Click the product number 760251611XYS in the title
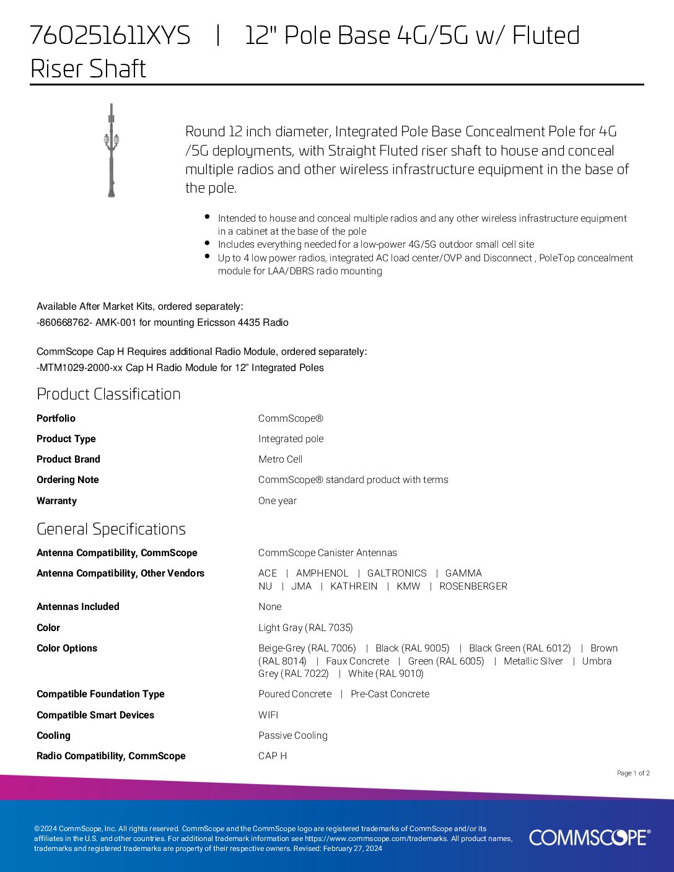110,36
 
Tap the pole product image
112,150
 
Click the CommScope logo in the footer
589,837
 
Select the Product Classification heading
108,394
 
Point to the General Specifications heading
111,529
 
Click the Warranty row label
56,500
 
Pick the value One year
277,500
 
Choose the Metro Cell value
280,459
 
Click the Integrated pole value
291,438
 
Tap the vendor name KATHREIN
354,586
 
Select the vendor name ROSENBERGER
473,586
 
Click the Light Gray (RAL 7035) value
305,627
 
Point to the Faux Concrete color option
357,661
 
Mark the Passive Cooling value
292,735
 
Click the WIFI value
268,715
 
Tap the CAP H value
273,756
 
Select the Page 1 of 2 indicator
633,773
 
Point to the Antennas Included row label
78,606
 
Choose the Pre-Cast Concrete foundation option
390,694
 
